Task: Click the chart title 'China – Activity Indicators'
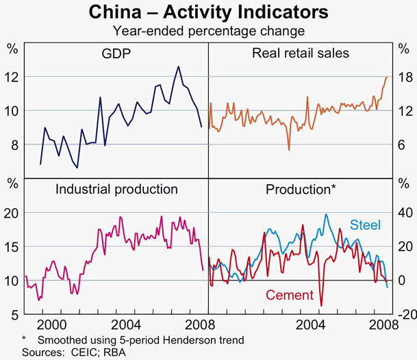[209, 13]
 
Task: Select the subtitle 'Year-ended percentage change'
[209, 30]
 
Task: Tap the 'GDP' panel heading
[116, 53]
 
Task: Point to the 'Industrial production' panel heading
[116, 189]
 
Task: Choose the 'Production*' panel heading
[300, 189]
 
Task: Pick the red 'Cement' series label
[289, 295]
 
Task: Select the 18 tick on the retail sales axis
[403, 77]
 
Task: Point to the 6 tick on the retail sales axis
[403, 145]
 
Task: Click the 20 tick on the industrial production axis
[12, 213]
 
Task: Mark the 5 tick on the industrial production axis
[12, 315]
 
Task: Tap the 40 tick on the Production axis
[403, 213]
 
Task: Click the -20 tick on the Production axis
[403, 315]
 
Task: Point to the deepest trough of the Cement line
[321, 305]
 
